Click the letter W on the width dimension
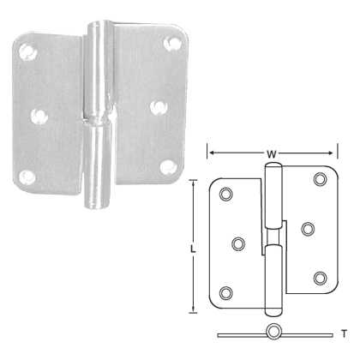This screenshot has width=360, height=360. (x=271, y=155)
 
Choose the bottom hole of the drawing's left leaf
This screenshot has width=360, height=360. (x=227, y=291)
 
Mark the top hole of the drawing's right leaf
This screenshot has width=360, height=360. (x=321, y=178)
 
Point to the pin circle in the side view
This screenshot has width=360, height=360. (x=273, y=332)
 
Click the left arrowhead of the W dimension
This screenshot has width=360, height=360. (x=209, y=155)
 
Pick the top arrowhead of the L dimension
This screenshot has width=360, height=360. (x=195, y=181)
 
